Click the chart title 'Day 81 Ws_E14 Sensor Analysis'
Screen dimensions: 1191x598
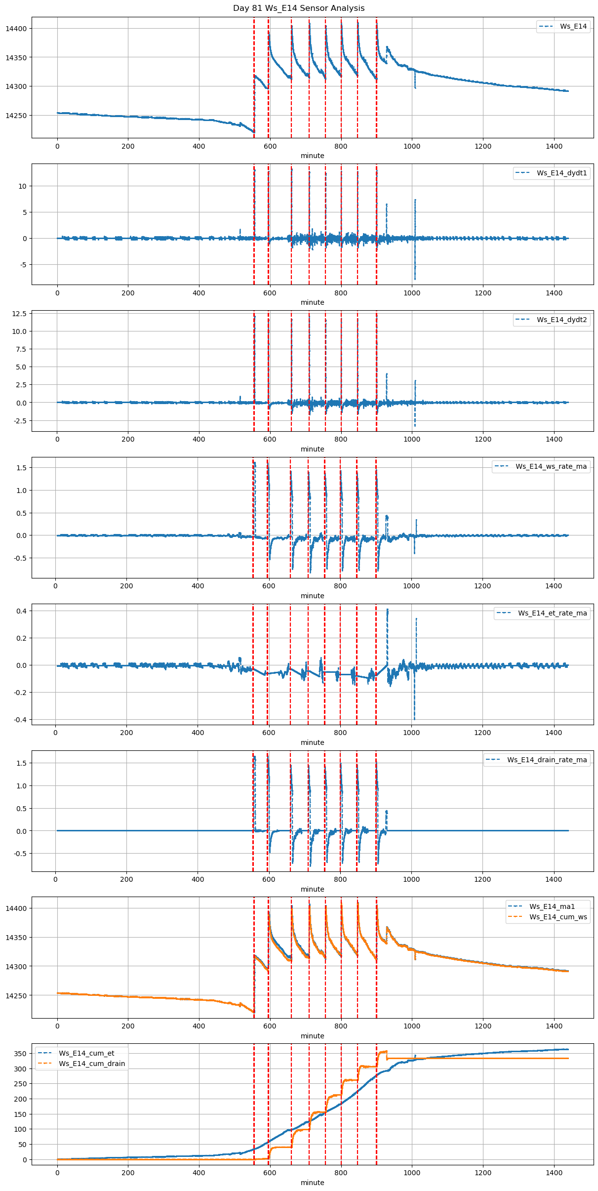tap(299, 8)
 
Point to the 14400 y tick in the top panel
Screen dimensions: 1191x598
tap(16, 29)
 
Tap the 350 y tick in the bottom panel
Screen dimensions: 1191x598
tap(20, 1054)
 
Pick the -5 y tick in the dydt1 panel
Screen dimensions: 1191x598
tap(23, 265)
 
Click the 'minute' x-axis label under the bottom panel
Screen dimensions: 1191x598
tap(313, 1182)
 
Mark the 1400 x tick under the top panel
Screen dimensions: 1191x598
tap(554, 146)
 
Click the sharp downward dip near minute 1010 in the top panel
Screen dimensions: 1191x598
tap(415, 87)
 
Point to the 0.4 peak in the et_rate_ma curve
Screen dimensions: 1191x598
tap(388, 610)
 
